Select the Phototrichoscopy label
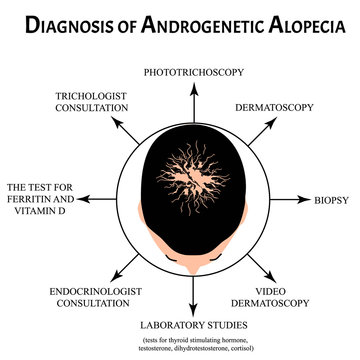tap(183, 73)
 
